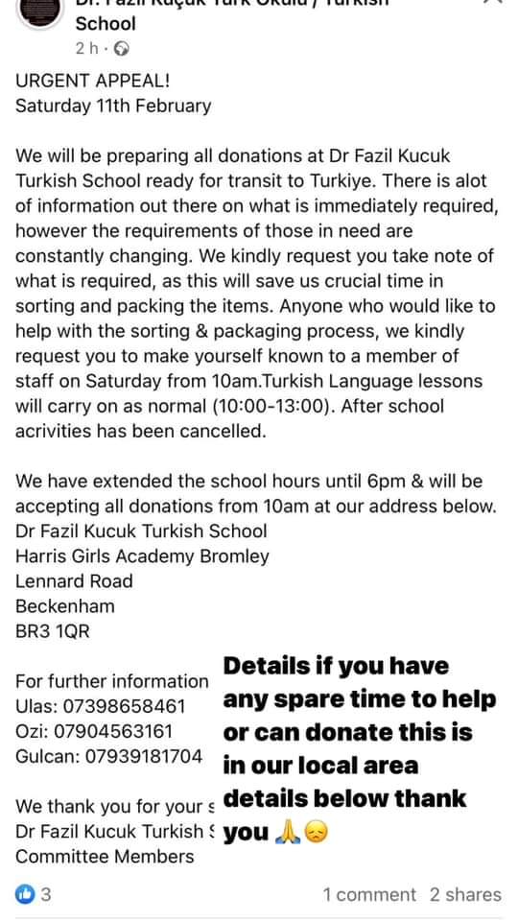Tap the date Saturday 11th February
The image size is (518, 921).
[x=113, y=106]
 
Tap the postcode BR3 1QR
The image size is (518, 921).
[x=53, y=631]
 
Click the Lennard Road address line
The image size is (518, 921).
[x=74, y=581]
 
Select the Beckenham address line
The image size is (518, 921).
[x=65, y=606]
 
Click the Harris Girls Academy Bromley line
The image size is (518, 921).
[x=142, y=556]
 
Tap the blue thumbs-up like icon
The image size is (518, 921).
[x=25, y=894]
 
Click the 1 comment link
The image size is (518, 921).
[x=369, y=894]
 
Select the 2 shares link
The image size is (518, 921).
[x=465, y=894]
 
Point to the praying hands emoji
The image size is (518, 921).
[x=286, y=833]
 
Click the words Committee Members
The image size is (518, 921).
[x=105, y=856]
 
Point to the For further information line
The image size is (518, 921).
[x=111, y=681]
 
